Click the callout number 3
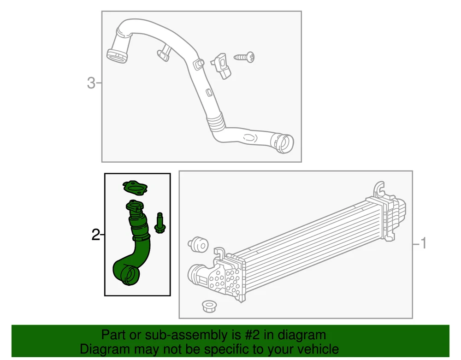[91, 83]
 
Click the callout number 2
[95, 235]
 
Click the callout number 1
[423, 243]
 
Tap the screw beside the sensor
[244, 57]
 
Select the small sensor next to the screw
[222, 66]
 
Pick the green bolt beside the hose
[160, 223]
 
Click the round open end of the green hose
[130, 275]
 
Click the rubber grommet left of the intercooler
[198, 244]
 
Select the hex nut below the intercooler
[209, 306]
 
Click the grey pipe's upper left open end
[117, 56]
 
